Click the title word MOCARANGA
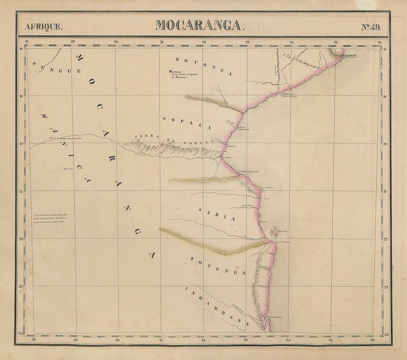[198, 25]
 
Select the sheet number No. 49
[370, 27]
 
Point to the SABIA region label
[216, 214]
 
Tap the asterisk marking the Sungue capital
[170, 72]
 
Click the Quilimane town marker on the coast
[343, 56]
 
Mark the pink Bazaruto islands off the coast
[275, 232]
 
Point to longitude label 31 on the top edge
[162, 42]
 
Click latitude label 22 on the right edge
[386, 239]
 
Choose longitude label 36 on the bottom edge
[372, 340]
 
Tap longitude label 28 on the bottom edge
[33, 340]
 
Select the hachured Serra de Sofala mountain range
[174, 150]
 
